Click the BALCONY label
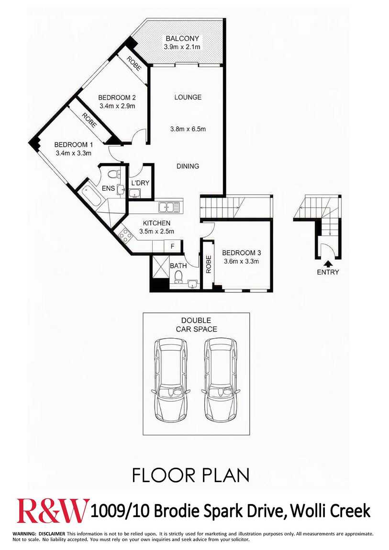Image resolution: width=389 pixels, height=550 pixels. (x=182, y=39)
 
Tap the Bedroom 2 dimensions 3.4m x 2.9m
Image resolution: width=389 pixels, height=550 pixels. (x=118, y=106)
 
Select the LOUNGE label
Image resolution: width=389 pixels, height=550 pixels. (x=188, y=97)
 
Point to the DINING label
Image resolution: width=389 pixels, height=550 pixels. (x=188, y=166)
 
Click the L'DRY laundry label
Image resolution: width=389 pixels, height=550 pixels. (x=140, y=183)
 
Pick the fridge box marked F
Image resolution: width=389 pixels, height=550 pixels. (x=173, y=246)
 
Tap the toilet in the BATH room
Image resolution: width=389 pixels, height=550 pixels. (x=178, y=276)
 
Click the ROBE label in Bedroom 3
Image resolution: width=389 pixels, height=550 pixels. (x=209, y=264)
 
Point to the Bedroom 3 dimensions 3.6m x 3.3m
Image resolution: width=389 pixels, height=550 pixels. (x=241, y=261)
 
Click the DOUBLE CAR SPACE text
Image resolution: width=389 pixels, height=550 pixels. (x=196, y=325)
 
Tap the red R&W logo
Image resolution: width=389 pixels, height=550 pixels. (x=53, y=510)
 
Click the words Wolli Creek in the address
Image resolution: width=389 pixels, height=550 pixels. (x=331, y=511)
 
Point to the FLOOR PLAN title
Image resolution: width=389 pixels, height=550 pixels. (x=191, y=475)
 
